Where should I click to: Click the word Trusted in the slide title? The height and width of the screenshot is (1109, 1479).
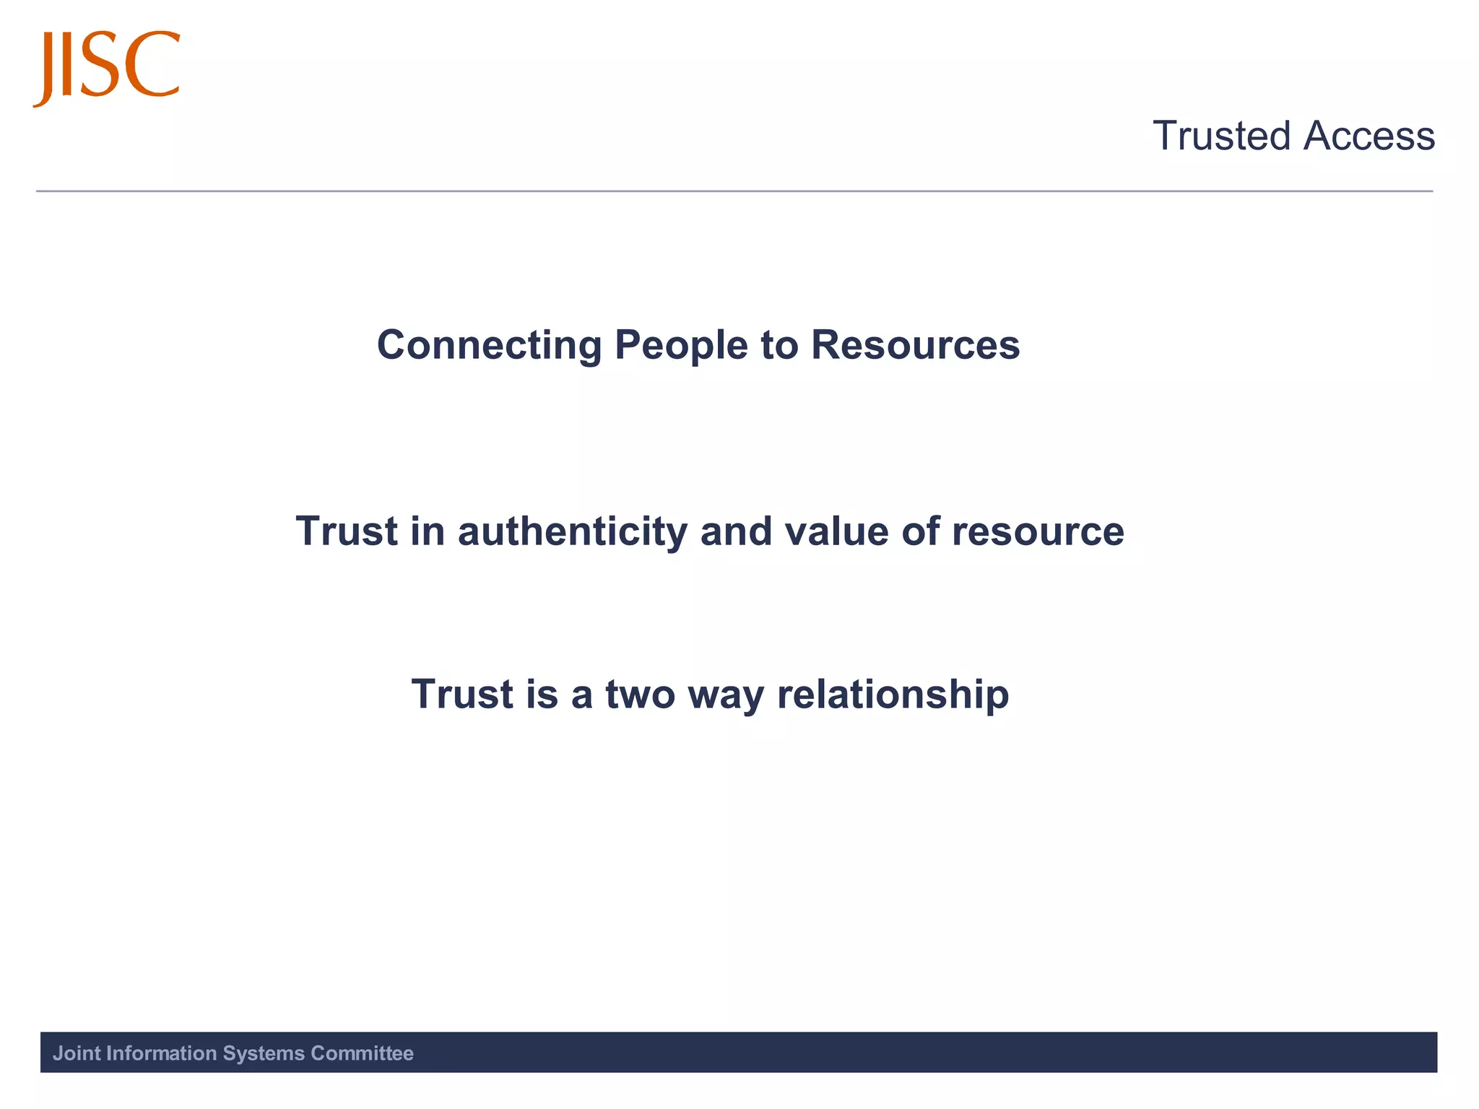(1221, 136)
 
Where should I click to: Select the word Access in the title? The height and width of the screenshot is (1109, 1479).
(1369, 136)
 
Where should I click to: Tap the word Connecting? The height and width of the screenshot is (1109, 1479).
(489, 345)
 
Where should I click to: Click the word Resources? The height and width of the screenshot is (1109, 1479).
(915, 345)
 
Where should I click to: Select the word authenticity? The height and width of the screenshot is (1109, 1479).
(572, 532)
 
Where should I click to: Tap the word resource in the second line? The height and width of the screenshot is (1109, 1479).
(1038, 532)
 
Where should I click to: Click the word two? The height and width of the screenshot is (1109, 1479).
(640, 695)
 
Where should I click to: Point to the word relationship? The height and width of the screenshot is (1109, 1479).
(893, 695)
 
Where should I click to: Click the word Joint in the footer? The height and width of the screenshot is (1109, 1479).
(77, 1053)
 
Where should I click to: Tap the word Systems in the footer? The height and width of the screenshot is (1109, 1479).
(264, 1053)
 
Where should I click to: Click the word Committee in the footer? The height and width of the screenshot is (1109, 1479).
(362, 1053)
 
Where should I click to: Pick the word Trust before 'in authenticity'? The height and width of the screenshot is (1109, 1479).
(347, 532)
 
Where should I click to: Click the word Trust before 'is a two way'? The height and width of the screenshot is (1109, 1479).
(462, 695)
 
